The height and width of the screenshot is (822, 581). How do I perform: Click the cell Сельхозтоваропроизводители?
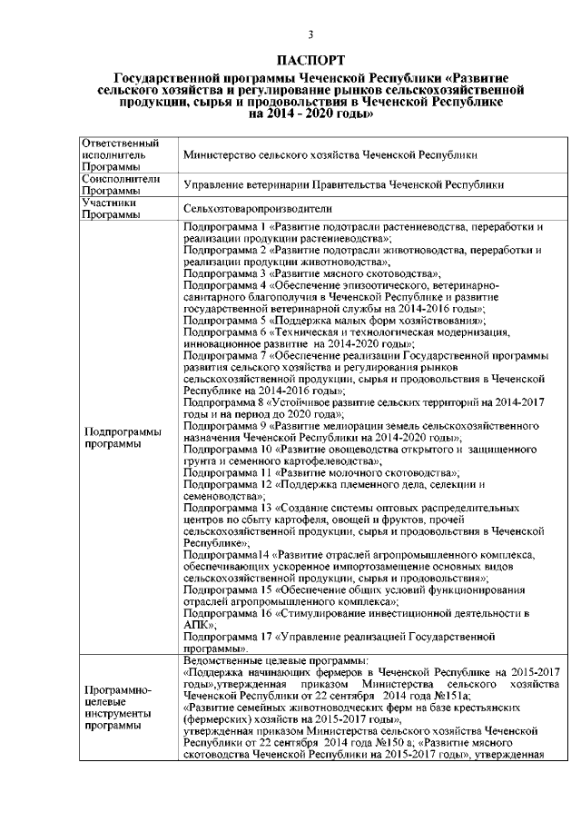click(247, 209)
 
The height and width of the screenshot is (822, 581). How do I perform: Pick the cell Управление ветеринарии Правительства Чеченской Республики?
click(343, 185)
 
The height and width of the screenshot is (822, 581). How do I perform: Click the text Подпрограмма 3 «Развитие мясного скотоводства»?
click(312, 272)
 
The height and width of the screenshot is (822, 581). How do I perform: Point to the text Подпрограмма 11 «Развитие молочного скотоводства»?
click(320, 473)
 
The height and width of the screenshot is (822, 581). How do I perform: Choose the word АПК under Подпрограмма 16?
click(195, 626)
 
